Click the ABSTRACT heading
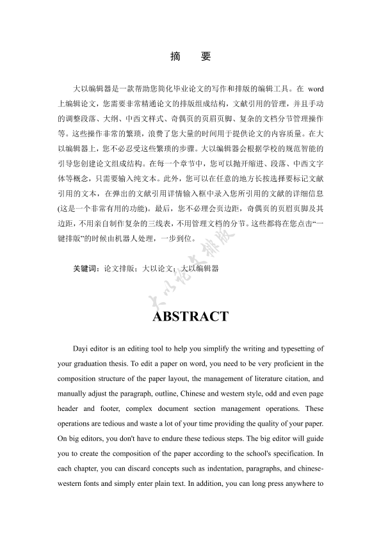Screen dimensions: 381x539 (x=190, y=316)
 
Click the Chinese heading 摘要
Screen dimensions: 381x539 (x=190, y=56)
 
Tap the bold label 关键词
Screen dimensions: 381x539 (x=87, y=269)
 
